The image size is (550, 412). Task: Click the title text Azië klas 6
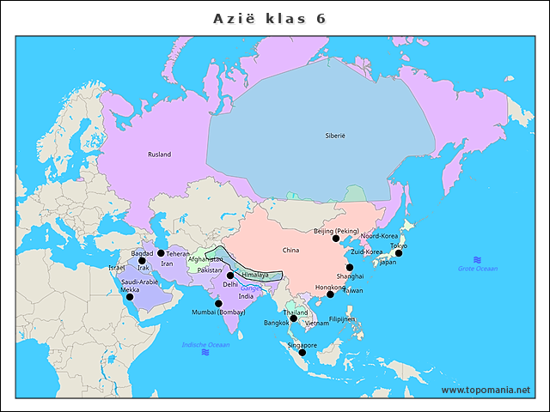269,18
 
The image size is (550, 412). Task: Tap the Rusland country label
159,154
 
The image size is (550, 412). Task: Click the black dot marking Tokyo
398,253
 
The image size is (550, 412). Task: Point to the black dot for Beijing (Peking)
336,239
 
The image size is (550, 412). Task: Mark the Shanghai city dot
350,268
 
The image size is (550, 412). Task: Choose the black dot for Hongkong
330,294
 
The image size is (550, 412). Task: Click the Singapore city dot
302,353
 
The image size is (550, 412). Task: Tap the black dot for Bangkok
293,318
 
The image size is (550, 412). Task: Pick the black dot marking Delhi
229,276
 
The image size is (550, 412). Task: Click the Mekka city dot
130,297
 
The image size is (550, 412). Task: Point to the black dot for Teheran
161,253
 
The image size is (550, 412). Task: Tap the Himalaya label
255,275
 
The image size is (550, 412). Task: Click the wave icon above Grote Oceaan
477,260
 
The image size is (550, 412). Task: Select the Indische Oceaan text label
205,345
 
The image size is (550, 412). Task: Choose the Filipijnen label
342,318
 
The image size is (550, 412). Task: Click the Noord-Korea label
379,235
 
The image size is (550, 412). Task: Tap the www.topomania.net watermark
486,391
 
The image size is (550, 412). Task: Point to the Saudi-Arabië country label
139,282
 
